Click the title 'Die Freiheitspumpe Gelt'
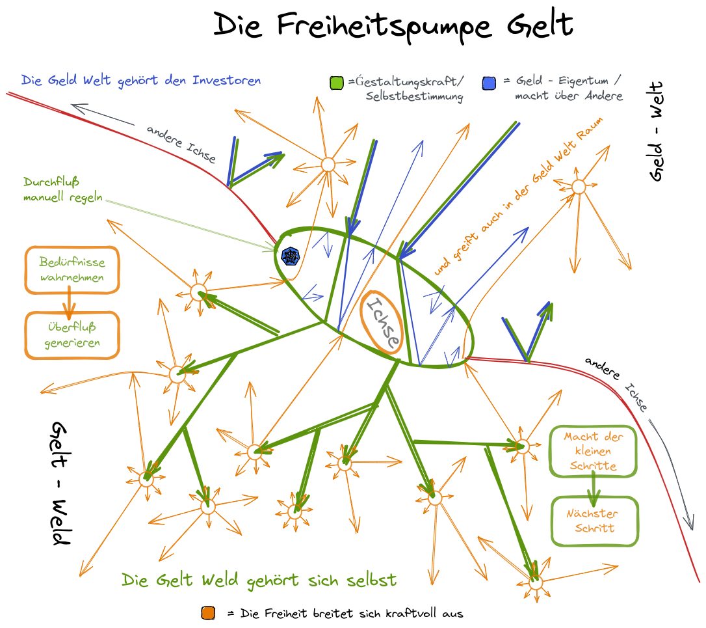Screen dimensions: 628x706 click(x=393, y=26)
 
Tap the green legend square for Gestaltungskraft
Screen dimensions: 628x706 click(x=337, y=83)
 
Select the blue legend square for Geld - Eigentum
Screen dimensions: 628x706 click(x=490, y=83)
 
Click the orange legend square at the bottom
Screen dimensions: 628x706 click(x=208, y=613)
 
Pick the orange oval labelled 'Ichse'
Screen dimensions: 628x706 click(x=383, y=322)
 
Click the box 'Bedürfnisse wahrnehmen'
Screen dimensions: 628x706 click(x=72, y=270)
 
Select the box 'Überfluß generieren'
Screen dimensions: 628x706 click(x=72, y=334)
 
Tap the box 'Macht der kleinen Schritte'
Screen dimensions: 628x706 click(x=593, y=451)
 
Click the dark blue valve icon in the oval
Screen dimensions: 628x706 click(x=290, y=256)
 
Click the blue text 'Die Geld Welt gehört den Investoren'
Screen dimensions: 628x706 click(x=141, y=81)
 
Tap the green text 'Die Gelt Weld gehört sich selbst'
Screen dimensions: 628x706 click(x=259, y=580)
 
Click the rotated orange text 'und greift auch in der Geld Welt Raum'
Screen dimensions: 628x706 click(x=520, y=195)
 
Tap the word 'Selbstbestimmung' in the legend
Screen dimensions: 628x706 click(x=414, y=97)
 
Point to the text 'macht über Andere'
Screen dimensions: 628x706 click(x=568, y=96)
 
